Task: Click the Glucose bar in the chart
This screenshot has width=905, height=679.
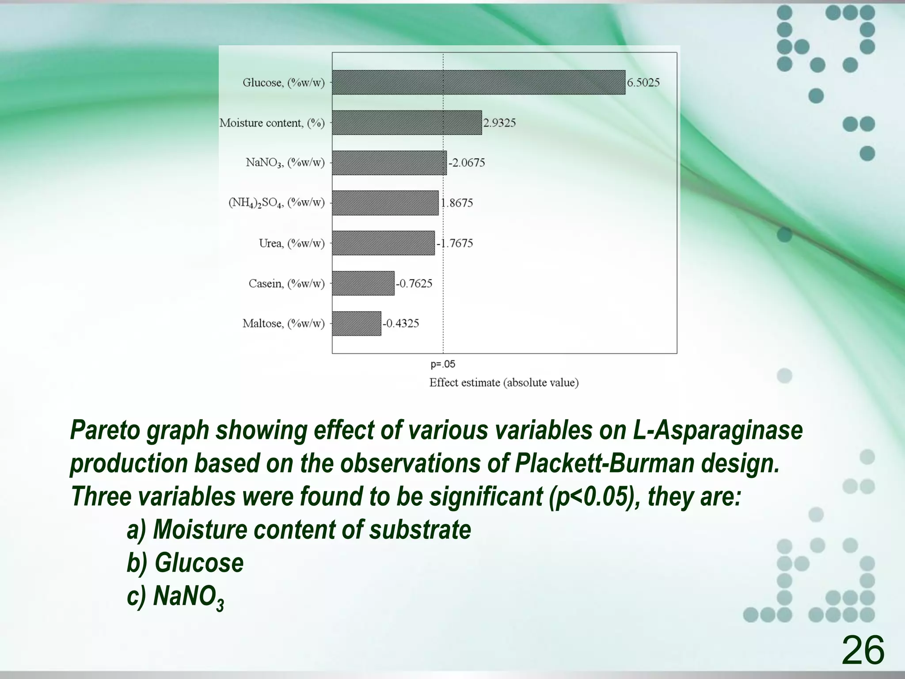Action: pyautogui.click(x=479, y=82)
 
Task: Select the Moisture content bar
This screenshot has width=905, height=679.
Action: pyautogui.click(x=407, y=122)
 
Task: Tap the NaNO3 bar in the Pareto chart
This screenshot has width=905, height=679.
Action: pyautogui.click(x=389, y=163)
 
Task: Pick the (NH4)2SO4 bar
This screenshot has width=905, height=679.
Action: pyautogui.click(x=385, y=203)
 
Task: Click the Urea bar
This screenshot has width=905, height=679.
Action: pyautogui.click(x=383, y=243)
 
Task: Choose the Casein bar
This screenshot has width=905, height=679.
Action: pyautogui.click(x=363, y=283)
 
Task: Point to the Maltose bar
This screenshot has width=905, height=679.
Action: pyautogui.click(x=356, y=324)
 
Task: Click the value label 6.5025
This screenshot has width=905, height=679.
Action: pyautogui.click(x=643, y=83)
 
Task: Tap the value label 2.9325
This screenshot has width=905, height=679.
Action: pyautogui.click(x=499, y=123)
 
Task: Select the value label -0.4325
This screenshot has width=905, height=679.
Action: pyautogui.click(x=400, y=324)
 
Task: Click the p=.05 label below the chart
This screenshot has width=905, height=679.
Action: pyautogui.click(x=443, y=364)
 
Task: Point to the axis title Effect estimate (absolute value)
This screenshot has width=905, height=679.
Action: pyautogui.click(x=504, y=383)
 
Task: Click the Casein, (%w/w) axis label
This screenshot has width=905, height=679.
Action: pyautogui.click(x=286, y=283)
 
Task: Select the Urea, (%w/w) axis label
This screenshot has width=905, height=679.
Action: pyautogui.click(x=292, y=243)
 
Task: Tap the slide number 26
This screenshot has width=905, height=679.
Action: pyautogui.click(x=863, y=650)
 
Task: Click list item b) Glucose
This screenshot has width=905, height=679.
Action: pyautogui.click(x=185, y=563)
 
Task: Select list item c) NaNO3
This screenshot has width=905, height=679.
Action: pyautogui.click(x=175, y=597)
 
